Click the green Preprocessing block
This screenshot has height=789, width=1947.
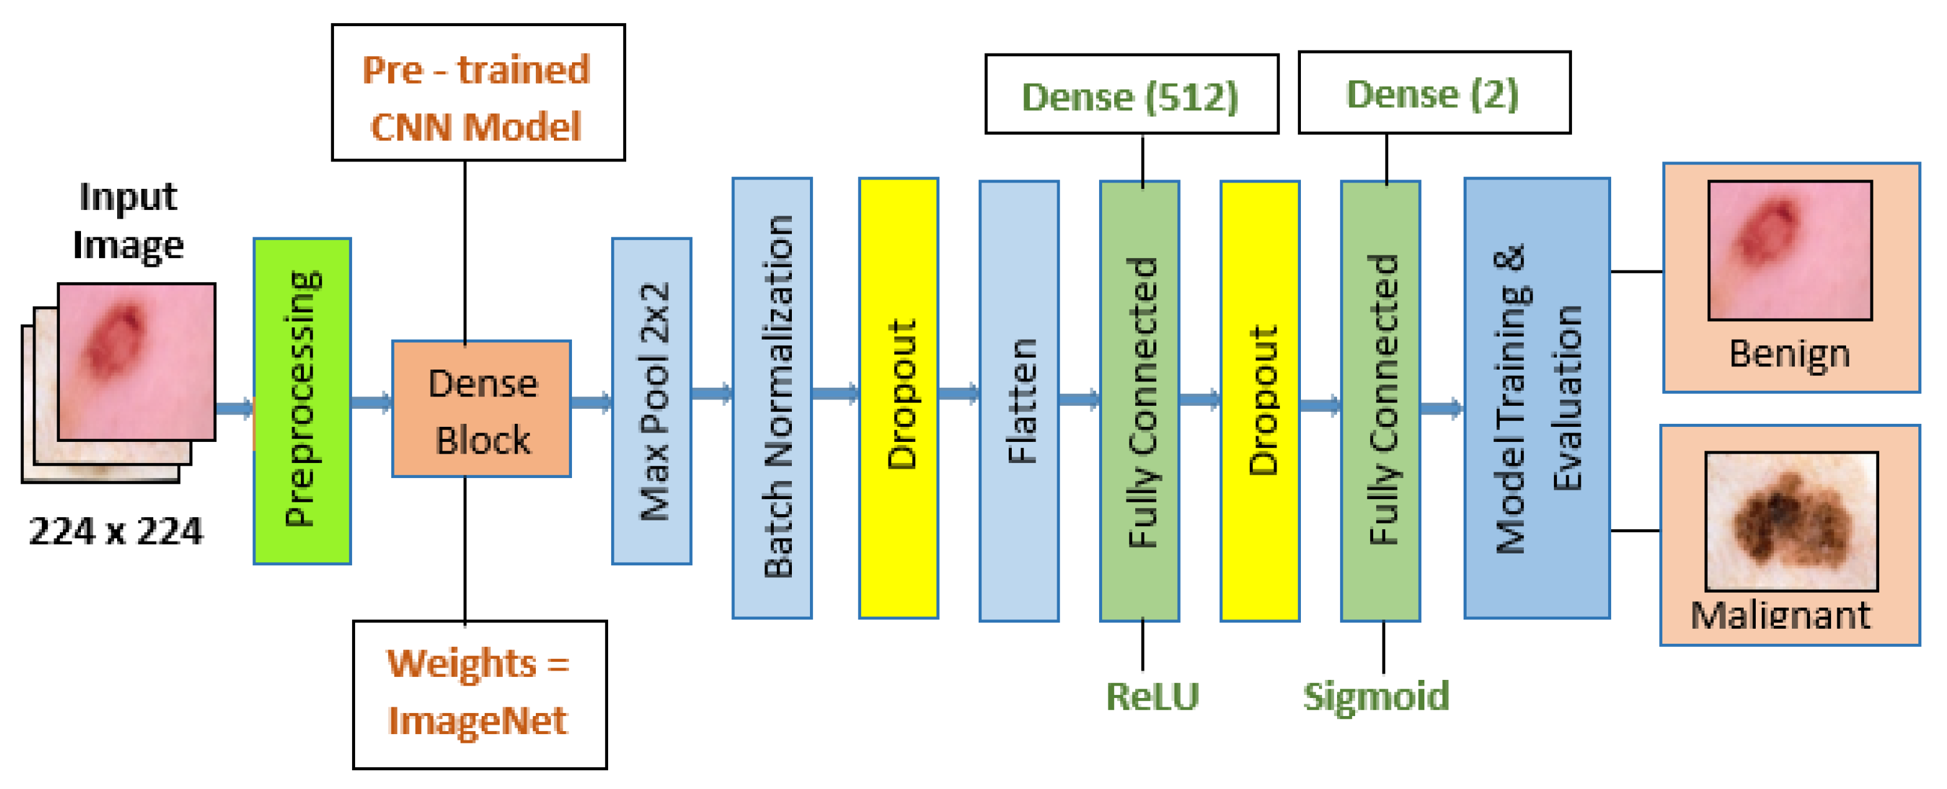(x=302, y=401)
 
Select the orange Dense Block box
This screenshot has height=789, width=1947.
(x=482, y=409)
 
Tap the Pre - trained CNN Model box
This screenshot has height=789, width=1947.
(x=478, y=92)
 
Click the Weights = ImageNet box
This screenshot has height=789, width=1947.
(x=479, y=694)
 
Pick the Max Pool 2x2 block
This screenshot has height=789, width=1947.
(x=650, y=401)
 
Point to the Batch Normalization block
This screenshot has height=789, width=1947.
(x=772, y=398)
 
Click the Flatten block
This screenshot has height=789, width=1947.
(x=1019, y=401)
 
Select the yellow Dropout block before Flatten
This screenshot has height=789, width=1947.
(x=898, y=398)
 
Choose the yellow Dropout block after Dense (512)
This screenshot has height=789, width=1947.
(x=1260, y=401)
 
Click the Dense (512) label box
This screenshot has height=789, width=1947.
(x=1131, y=95)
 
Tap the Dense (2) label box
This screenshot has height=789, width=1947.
(x=1434, y=93)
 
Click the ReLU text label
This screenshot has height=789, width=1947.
(x=1152, y=696)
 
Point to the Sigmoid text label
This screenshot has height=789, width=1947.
(x=1376, y=696)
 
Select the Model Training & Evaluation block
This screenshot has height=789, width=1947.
(x=1536, y=398)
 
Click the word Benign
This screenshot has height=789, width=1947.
(x=1789, y=354)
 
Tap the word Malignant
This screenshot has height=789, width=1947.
(x=1780, y=615)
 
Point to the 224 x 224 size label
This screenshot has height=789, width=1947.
(x=116, y=530)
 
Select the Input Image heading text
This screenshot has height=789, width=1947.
(x=128, y=221)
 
